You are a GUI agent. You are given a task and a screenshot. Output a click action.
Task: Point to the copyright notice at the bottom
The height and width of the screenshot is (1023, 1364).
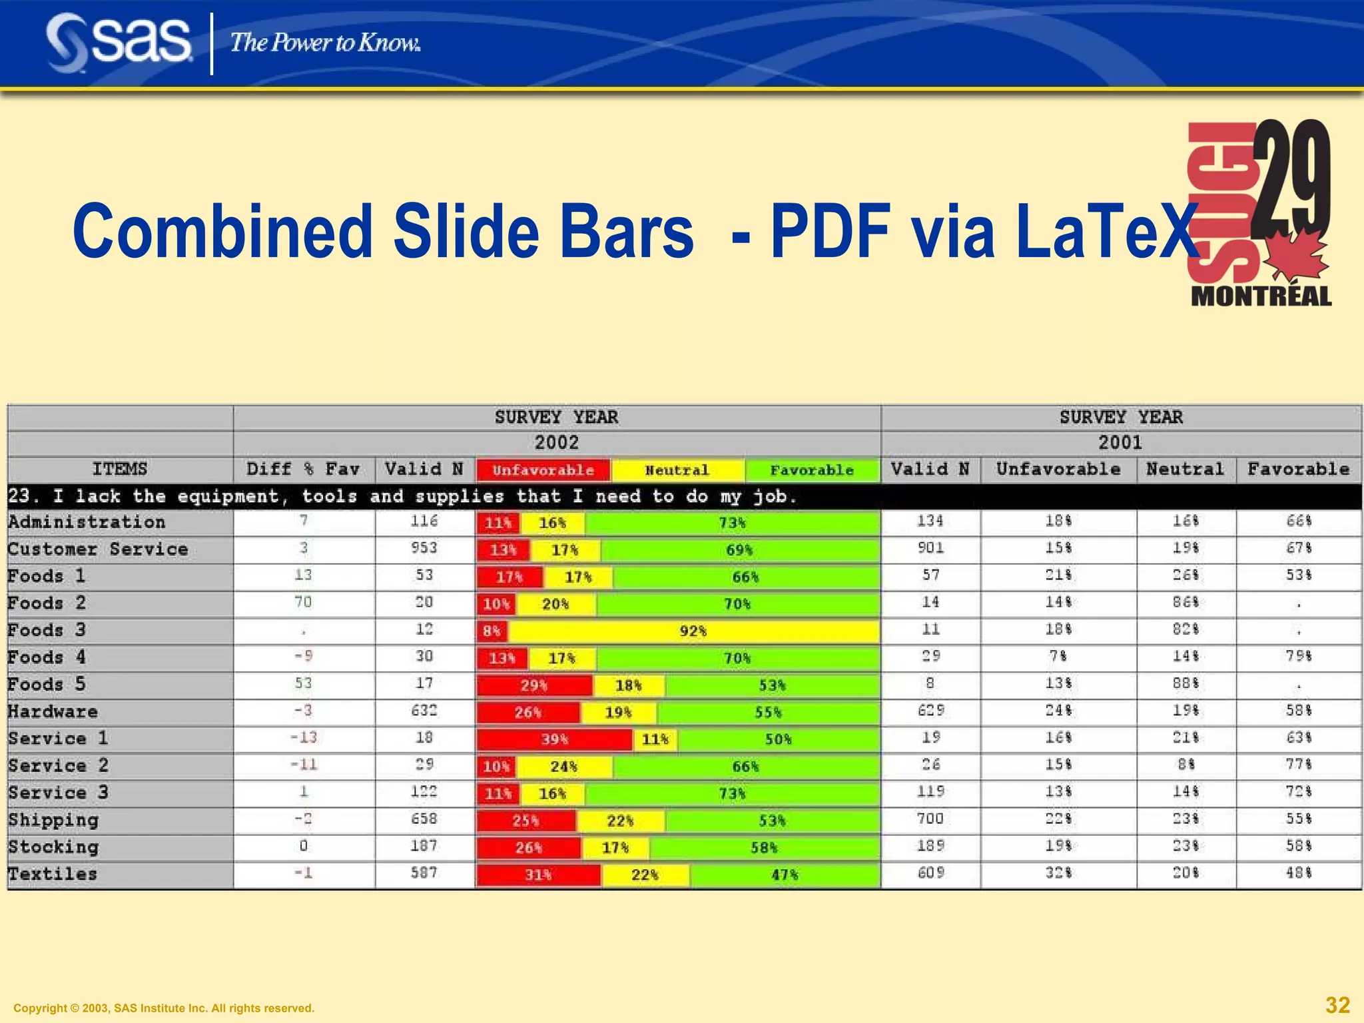click(164, 1008)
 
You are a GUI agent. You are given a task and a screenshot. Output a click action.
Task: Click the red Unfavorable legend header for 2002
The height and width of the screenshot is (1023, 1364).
click(543, 470)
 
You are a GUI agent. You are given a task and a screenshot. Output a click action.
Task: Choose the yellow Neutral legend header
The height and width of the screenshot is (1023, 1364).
click(677, 470)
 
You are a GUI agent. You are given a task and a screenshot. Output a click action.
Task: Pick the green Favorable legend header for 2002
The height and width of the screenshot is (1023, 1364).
click(812, 470)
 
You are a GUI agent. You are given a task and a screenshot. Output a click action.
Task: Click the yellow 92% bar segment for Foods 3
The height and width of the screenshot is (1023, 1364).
click(693, 631)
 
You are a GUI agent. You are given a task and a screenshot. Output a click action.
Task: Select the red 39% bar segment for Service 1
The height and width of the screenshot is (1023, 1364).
click(554, 739)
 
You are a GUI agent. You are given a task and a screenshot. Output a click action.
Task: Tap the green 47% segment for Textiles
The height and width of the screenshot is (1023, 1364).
click(785, 874)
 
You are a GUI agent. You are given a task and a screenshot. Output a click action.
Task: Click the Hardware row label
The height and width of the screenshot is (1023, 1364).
click(53, 712)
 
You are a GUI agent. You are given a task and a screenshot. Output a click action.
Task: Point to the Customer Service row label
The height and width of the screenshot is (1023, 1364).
click(98, 549)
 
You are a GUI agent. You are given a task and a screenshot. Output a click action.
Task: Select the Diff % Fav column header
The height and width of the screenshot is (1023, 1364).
click(303, 470)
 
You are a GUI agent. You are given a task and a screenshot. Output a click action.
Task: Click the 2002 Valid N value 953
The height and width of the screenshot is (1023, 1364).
click(424, 548)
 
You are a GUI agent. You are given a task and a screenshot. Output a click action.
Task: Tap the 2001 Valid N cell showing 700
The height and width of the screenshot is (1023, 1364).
click(930, 819)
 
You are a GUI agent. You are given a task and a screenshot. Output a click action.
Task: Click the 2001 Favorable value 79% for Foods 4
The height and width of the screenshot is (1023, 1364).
click(1298, 657)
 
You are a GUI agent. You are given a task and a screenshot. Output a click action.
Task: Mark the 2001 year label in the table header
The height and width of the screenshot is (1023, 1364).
click(1120, 443)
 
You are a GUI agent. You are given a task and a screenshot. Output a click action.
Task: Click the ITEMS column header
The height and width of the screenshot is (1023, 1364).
click(120, 470)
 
